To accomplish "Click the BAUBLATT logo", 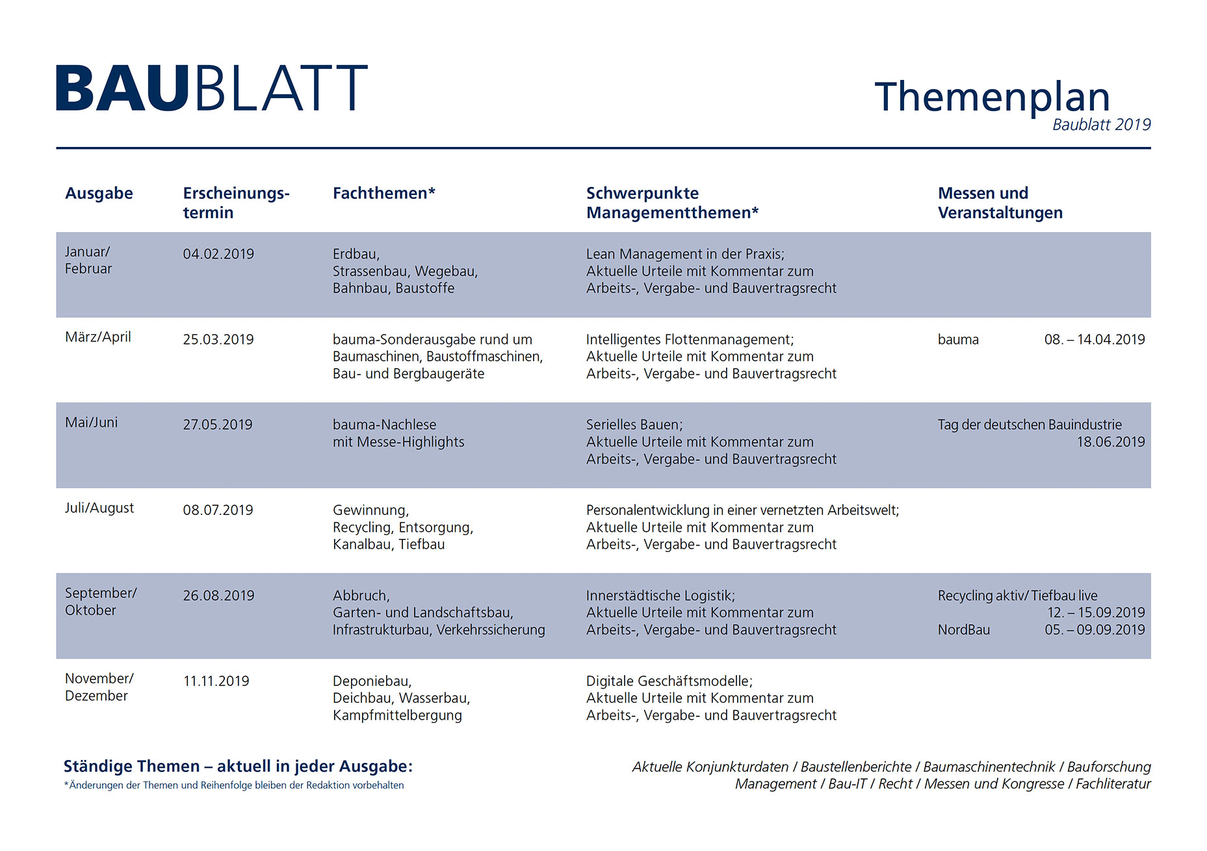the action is tap(212, 88).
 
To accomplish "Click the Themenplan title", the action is tap(992, 98).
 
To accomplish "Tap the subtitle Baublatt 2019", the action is tap(1101, 125).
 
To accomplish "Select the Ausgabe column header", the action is tap(99, 193).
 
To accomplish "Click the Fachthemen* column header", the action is tap(383, 193).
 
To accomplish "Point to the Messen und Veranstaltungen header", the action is tap(1000, 203).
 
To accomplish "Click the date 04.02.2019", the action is tap(218, 254).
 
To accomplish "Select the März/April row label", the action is tap(98, 337).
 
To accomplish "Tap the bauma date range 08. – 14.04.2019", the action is tap(1095, 339).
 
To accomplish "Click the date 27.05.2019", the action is tap(218, 425).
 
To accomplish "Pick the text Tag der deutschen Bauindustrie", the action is tap(1030, 425).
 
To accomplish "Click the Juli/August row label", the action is tap(99, 508).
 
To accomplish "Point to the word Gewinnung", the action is tap(370, 511).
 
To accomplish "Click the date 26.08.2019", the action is tap(218, 596).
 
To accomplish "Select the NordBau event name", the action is tap(963, 630).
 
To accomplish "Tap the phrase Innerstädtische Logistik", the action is tap(659, 596).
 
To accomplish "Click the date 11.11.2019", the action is tap(216, 681).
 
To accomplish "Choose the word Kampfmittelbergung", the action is tap(397, 716).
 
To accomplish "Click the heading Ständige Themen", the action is tap(131, 766).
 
